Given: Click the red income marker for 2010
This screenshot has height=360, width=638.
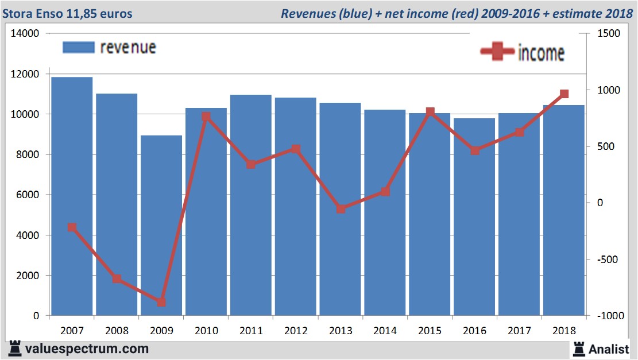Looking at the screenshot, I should (x=207, y=117).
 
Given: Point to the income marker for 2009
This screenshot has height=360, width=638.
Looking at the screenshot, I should (x=161, y=302).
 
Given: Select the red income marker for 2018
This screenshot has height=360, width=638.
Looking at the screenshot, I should (x=564, y=94).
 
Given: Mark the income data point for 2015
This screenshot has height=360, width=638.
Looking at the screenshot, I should (x=430, y=111).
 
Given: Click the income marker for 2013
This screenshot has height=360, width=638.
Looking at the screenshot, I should (x=341, y=209).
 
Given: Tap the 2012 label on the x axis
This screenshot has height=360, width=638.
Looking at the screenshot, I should (x=296, y=331).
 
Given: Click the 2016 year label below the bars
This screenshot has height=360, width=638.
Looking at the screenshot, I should (x=475, y=331).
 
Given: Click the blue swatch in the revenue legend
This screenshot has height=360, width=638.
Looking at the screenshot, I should (x=78, y=47).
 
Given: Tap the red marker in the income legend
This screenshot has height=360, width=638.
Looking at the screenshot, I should (x=497, y=52).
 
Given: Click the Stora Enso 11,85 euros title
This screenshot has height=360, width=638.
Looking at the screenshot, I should (x=71, y=13).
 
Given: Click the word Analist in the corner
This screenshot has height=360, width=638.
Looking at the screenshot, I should (x=609, y=349).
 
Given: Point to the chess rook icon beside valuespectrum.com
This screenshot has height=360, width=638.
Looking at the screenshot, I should (x=14, y=349).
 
